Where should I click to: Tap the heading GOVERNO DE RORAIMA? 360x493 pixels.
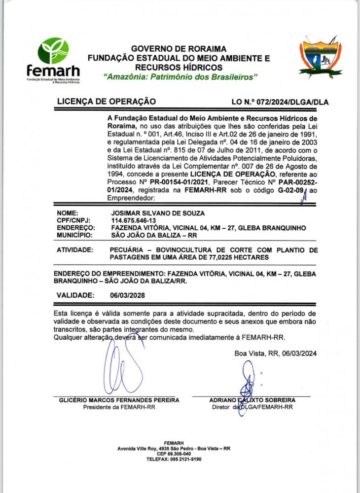(179, 49)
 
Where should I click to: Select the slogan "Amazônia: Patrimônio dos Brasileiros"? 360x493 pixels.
(180, 77)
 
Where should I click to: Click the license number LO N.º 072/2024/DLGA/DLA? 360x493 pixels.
(280, 102)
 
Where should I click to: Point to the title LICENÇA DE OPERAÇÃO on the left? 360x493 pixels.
(107, 102)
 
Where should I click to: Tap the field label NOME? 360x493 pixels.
(68, 213)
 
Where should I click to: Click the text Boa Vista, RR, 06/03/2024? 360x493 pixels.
(275, 353)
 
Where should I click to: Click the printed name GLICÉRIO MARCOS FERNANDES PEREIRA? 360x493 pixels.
(119, 400)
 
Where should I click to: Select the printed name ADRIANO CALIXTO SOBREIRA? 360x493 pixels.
(252, 400)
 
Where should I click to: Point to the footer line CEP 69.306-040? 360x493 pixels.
(174, 454)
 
